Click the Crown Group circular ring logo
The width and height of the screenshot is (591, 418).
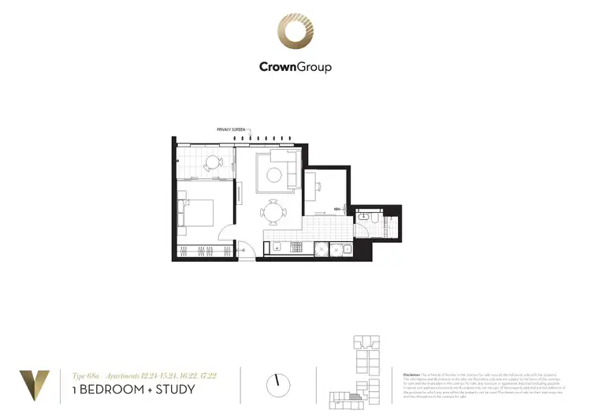pos(295,32)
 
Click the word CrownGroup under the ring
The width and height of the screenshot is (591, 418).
pos(295,67)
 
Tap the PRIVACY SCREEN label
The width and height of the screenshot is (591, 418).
pos(231,129)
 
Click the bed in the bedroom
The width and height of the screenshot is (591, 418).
pos(199,213)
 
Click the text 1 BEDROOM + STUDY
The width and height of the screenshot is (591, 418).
pos(133,390)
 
